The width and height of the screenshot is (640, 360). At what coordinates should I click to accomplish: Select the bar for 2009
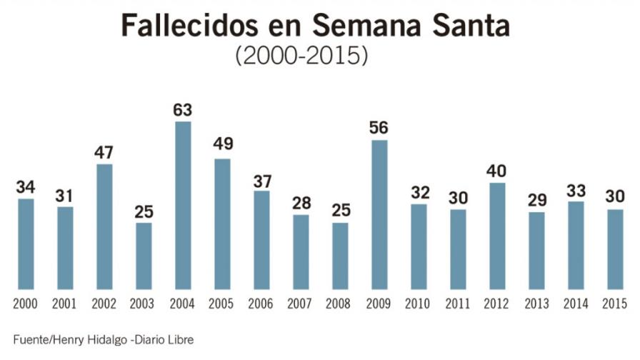379,215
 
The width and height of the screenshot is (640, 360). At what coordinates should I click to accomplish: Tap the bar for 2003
144,256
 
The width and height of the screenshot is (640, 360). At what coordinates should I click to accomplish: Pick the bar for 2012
497,236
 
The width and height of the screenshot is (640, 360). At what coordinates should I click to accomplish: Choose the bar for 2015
615,249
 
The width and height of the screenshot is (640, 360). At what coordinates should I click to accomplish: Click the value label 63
183,110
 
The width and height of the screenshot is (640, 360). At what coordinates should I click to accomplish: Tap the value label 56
379,128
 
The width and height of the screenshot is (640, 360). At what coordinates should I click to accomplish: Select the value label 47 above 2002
104,152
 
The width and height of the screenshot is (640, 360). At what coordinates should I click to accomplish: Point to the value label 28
301,203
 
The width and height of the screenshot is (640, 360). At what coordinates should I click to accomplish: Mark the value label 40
497,171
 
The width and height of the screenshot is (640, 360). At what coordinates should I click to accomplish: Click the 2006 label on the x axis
261,304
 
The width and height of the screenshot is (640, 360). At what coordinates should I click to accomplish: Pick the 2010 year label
419,304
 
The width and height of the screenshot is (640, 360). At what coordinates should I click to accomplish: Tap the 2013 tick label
536,304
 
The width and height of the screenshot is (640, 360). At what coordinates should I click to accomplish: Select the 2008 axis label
340,304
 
